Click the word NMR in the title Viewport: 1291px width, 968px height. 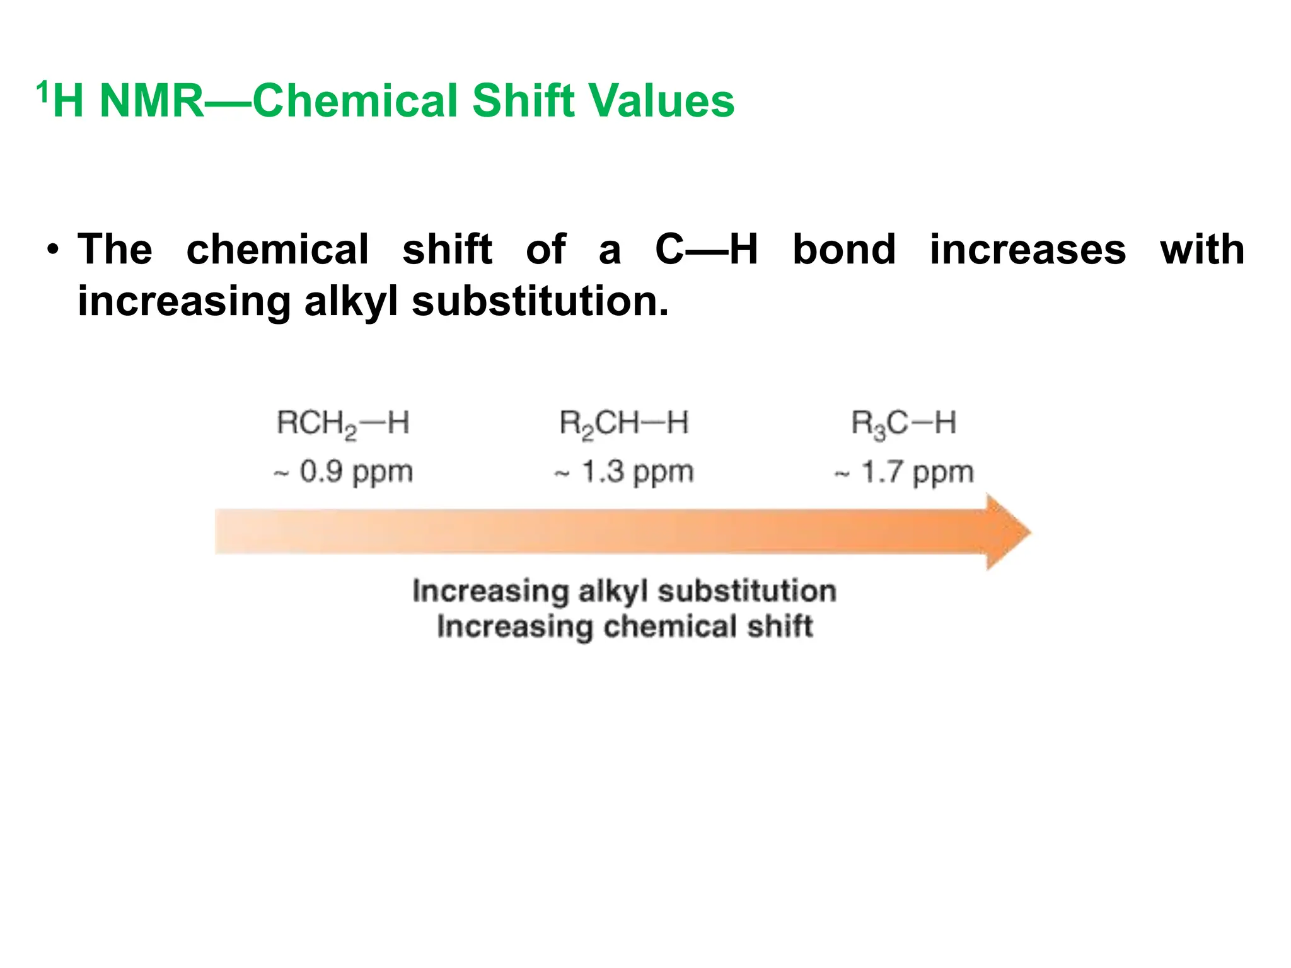pos(151,101)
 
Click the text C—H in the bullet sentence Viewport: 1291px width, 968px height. pos(706,250)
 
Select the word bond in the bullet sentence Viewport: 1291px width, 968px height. pos(843,250)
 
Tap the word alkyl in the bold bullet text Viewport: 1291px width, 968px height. pos(350,301)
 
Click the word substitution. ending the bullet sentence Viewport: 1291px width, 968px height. pos(540,301)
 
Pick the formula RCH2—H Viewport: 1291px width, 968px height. pos(343,423)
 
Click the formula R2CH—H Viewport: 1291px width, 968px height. pos(624,423)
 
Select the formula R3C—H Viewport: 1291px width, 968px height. pos(903,423)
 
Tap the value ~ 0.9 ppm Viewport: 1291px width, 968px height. pos(344,472)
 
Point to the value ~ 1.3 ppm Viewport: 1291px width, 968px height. pos(624,472)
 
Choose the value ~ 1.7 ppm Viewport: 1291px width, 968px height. pos(904,472)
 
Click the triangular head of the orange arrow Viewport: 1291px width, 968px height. pos(1005,533)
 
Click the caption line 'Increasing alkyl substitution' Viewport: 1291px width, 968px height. pos(624,591)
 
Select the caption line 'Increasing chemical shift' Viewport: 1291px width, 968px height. pos(624,627)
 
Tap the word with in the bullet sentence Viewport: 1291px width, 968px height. pos(1201,250)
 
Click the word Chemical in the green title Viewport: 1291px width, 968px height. pos(354,101)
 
